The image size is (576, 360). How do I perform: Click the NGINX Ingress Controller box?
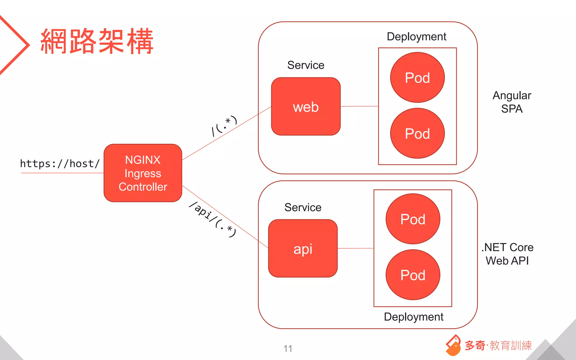(143, 173)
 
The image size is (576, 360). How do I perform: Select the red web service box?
(306, 107)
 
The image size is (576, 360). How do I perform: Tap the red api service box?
(303, 248)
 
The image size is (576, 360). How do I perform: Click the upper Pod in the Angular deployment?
(417, 78)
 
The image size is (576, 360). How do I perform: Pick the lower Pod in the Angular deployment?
(417, 133)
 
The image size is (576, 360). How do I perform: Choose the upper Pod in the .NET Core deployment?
(413, 219)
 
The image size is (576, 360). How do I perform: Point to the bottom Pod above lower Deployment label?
(413, 275)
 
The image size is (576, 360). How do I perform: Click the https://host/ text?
(60, 164)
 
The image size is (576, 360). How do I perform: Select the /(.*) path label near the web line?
(224, 125)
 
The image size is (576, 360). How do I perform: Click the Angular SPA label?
(512, 102)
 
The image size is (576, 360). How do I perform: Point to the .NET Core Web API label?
(507, 254)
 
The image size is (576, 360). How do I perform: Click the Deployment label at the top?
(416, 37)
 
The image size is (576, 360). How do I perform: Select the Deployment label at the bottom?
(413, 317)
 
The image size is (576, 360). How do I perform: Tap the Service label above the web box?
(306, 65)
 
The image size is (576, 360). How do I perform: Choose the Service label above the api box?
(303, 207)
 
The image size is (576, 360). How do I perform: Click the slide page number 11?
(288, 348)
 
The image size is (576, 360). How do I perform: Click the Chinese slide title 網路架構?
(97, 41)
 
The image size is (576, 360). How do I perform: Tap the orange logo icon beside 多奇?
(453, 345)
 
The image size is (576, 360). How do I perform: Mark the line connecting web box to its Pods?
(359, 106)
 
